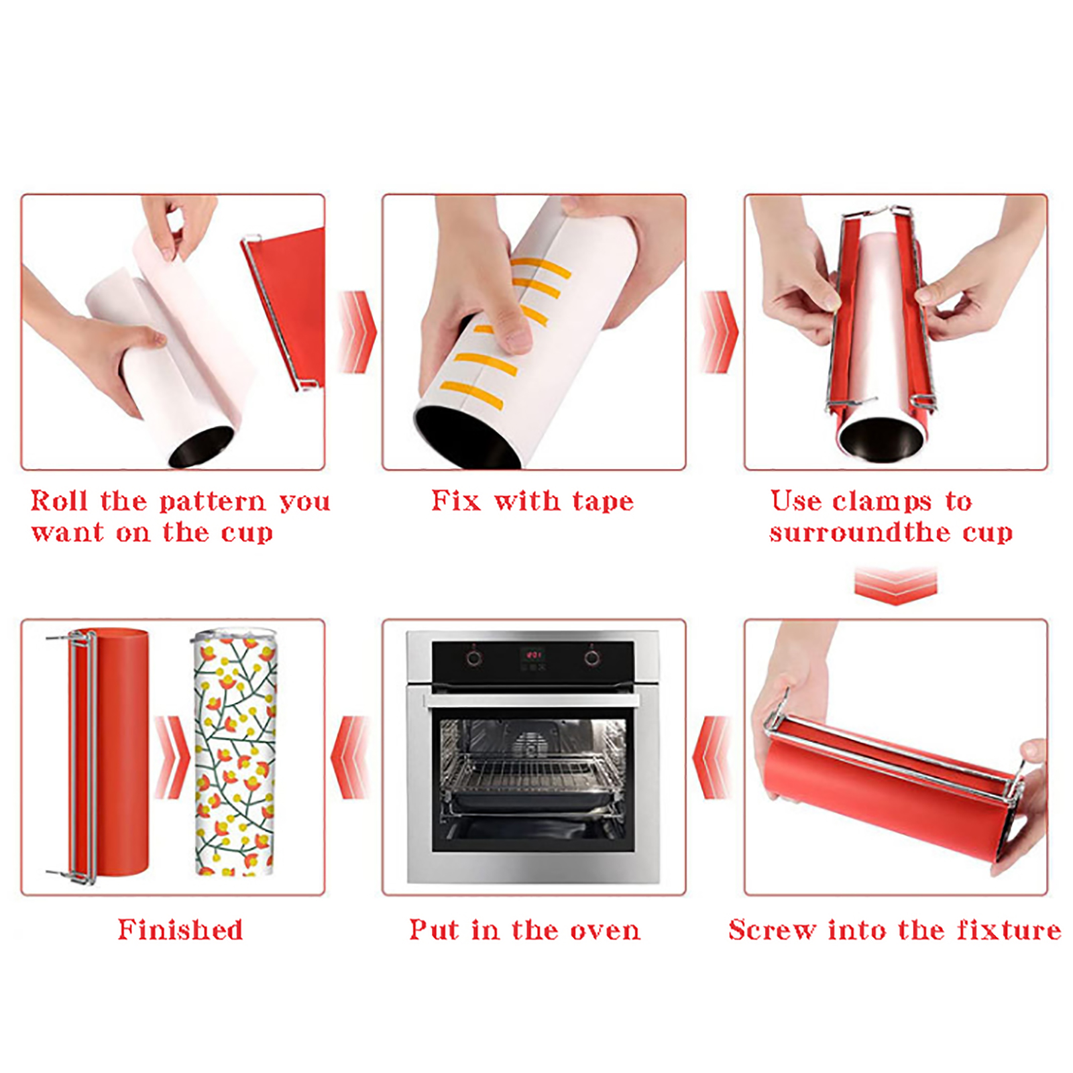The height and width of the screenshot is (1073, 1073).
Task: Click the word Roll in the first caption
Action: pos(59,501)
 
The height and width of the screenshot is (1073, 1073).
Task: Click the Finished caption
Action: pos(180,929)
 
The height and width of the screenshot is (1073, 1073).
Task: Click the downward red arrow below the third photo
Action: pos(895,585)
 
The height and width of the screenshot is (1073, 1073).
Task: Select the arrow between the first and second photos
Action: pos(357,331)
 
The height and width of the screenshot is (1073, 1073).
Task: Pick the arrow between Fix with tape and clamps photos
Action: pos(718,331)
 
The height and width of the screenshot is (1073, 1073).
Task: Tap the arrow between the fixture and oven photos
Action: pos(712,757)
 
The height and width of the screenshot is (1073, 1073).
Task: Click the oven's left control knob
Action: pos(473,658)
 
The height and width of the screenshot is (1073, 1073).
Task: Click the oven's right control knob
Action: pos(591,658)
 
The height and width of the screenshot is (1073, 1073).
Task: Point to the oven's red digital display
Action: pos(533,654)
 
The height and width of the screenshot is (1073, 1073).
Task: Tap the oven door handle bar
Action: pos(532,701)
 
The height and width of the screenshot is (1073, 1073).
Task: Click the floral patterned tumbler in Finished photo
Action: pos(235,752)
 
